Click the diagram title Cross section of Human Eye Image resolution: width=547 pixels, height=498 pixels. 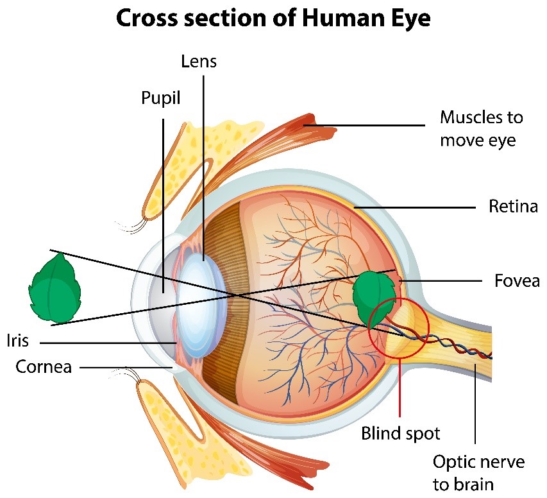point(274,19)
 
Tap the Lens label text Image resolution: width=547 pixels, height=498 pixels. point(199,62)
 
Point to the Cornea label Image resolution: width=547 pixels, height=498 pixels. point(44,367)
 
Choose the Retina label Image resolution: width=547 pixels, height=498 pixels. point(512,207)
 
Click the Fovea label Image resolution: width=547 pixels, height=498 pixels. point(517,280)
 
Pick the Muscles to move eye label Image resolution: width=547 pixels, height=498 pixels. point(481,128)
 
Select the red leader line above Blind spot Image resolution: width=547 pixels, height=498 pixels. point(400,385)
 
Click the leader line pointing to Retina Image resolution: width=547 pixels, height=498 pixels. point(417,208)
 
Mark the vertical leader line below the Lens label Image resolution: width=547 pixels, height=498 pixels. point(204,160)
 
